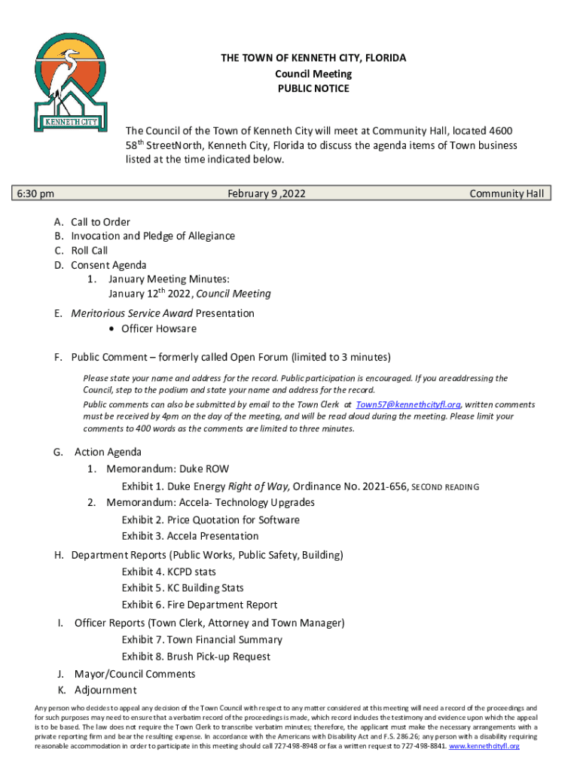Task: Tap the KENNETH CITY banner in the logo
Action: pyautogui.click(x=67, y=121)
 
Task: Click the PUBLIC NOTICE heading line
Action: pyautogui.click(x=313, y=89)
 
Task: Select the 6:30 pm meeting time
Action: pyautogui.click(x=36, y=194)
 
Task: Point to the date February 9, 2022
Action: pyautogui.click(x=267, y=194)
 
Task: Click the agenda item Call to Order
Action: pyautogui.click(x=100, y=222)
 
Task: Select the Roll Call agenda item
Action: pyautogui.click(x=89, y=251)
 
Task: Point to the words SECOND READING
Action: pyautogui.click(x=445, y=487)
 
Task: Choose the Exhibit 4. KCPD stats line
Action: pyautogui.click(x=169, y=572)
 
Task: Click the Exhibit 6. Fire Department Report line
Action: pyautogui.click(x=199, y=605)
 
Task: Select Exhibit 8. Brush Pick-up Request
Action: pyautogui.click(x=196, y=657)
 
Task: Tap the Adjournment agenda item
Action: pyautogui.click(x=105, y=690)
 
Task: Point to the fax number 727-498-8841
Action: pyautogui.click(x=423, y=745)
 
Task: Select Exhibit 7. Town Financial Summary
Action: pyautogui.click(x=202, y=640)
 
